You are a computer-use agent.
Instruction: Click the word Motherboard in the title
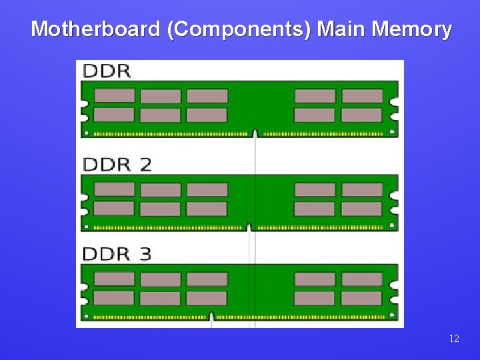[x=95, y=29]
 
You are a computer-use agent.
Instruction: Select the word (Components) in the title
[x=239, y=29]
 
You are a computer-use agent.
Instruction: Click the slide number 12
[x=454, y=339]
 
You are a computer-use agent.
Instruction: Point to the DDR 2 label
[x=117, y=164]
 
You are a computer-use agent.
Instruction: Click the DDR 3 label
[x=117, y=254]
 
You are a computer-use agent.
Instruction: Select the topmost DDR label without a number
[x=107, y=71]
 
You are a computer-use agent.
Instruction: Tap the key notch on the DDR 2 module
[x=249, y=227]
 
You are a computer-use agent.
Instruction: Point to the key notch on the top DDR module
[x=255, y=133]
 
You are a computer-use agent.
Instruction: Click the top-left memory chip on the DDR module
[x=114, y=95]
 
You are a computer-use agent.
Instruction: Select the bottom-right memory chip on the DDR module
[x=362, y=115]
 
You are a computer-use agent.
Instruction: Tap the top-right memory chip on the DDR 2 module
[x=362, y=189]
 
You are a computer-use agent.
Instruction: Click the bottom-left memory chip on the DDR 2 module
[x=114, y=209]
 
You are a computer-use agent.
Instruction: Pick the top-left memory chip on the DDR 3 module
[x=114, y=279]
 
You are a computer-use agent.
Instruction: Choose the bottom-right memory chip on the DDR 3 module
[x=362, y=298]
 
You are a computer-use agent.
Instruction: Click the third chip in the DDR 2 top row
[x=207, y=189]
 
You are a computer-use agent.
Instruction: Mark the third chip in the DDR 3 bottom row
[x=207, y=298]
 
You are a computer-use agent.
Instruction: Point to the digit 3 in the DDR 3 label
[x=145, y=254]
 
